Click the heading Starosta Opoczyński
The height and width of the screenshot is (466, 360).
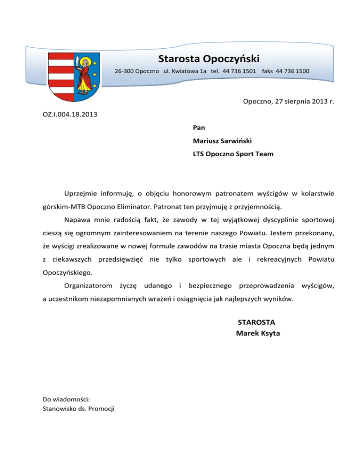pyautogui.click(x=209, y=59)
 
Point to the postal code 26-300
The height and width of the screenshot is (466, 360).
pyautogui.click(x=125, y=71)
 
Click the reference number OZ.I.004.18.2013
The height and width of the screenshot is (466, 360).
pyautogui.click(x=71, y=113)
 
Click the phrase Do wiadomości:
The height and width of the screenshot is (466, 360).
pyautogui.click(x=66, y=399)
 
